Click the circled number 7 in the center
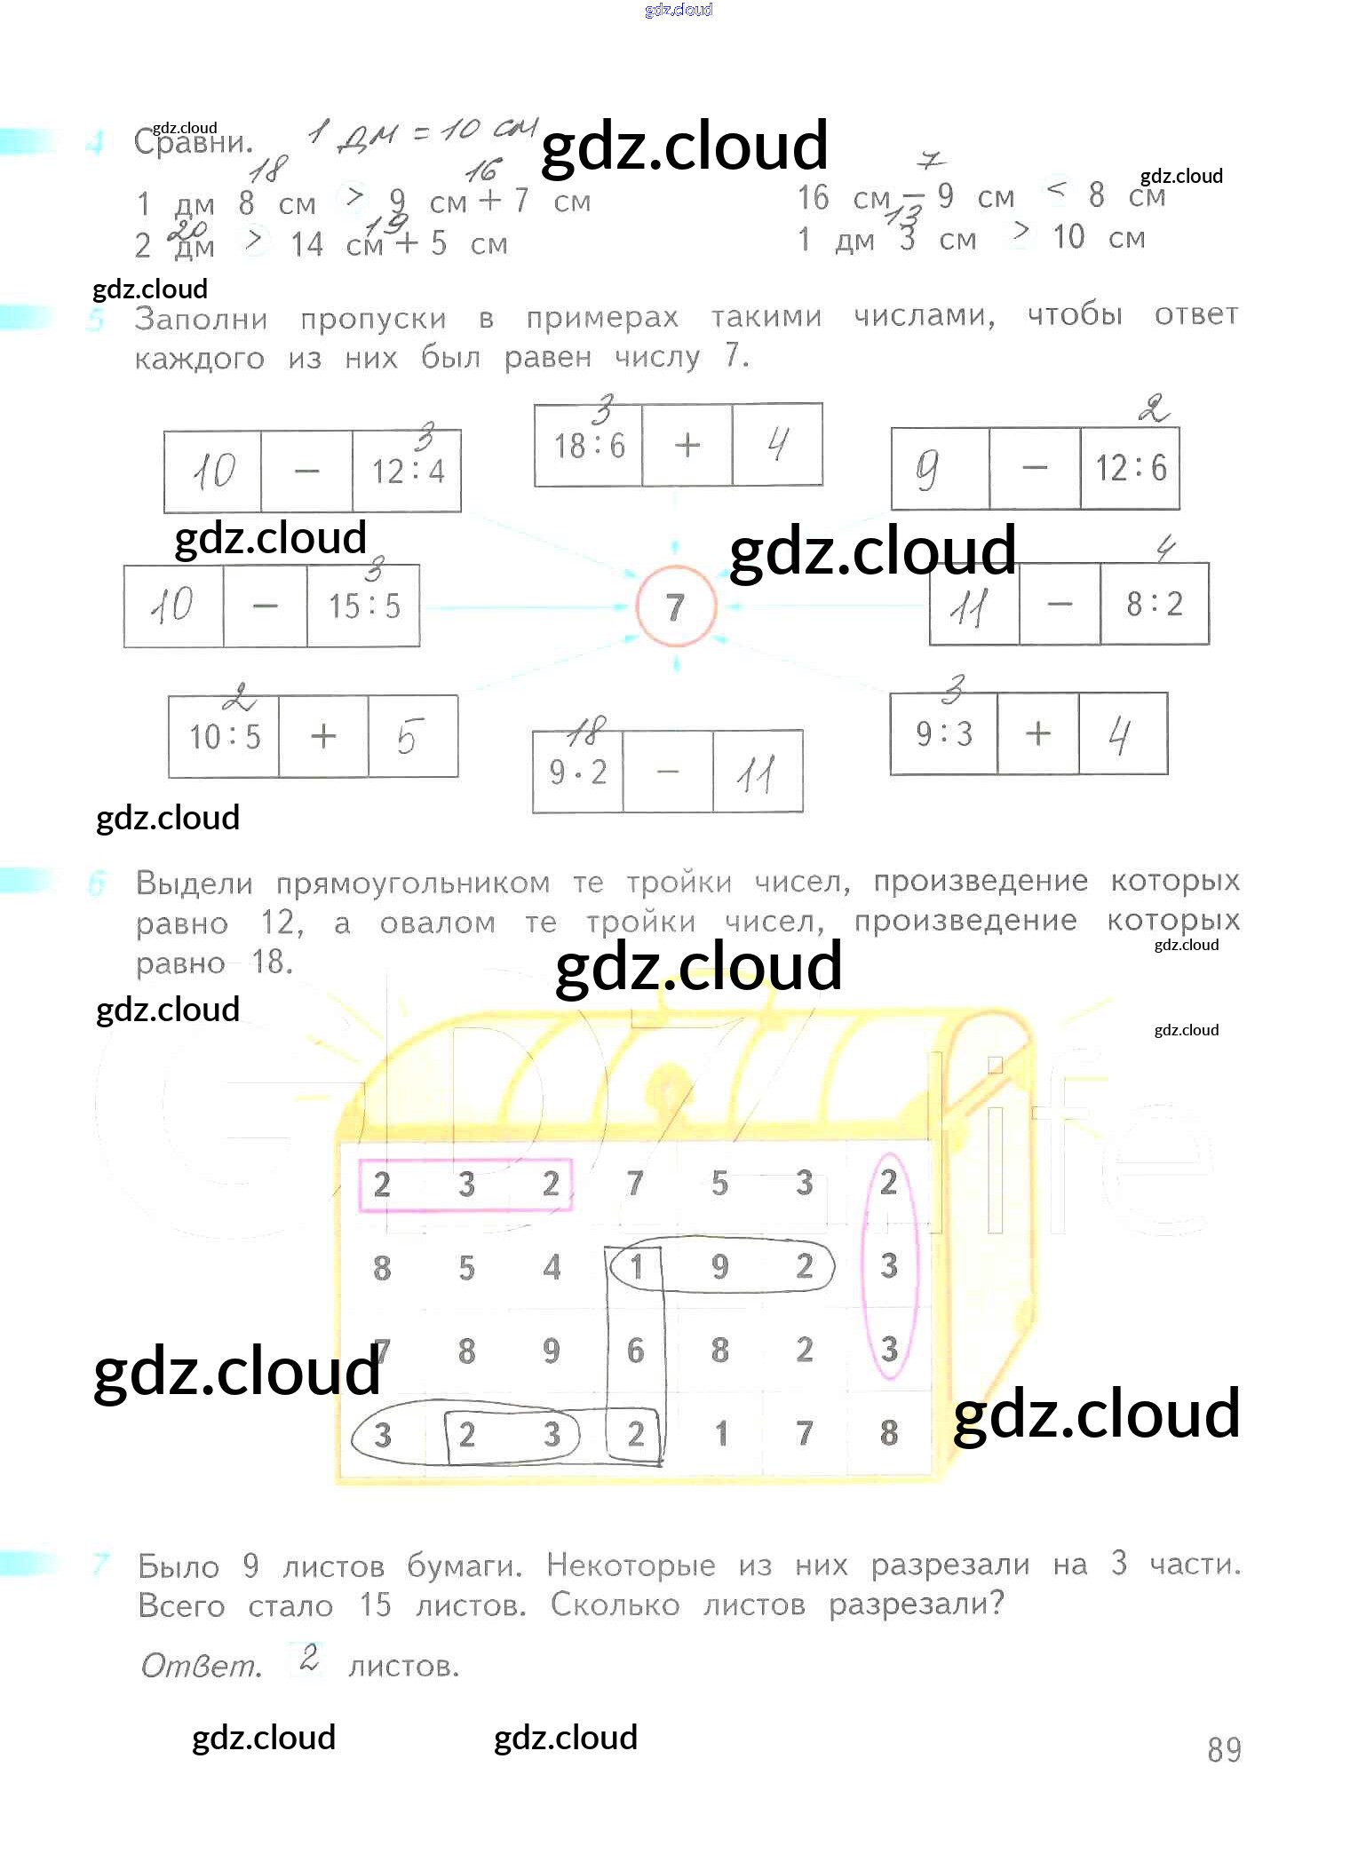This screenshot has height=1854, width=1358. click(675, 606)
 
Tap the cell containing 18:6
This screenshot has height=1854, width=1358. click(589, 445)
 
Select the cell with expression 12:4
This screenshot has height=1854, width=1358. click(407, 471)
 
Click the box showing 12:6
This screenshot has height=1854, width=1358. click(1130, 468)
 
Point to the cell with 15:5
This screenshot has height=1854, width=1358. click(363, 606)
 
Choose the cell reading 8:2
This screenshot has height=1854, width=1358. click(1154, 604)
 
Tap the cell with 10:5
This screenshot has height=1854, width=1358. click(224, 736)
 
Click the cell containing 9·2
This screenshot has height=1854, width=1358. click(578, 772)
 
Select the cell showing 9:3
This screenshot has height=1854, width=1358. click(943, 734)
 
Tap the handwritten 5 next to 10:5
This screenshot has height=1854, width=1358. click(407, 737)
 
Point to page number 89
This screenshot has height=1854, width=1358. click(1223, 1749)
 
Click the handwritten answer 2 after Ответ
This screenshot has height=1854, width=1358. click(309, 1657)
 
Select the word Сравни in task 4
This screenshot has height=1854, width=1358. click(194, 143)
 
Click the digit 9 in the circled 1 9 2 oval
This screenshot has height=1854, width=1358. click(719, 1266)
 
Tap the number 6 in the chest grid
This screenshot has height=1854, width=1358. click(635, 1351)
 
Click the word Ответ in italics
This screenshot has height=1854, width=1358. click(201, 1665)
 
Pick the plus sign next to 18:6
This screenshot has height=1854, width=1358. click(687, 445)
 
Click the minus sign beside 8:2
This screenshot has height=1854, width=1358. click(1060, 604)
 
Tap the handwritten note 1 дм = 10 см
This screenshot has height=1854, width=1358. click(421, 132)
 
